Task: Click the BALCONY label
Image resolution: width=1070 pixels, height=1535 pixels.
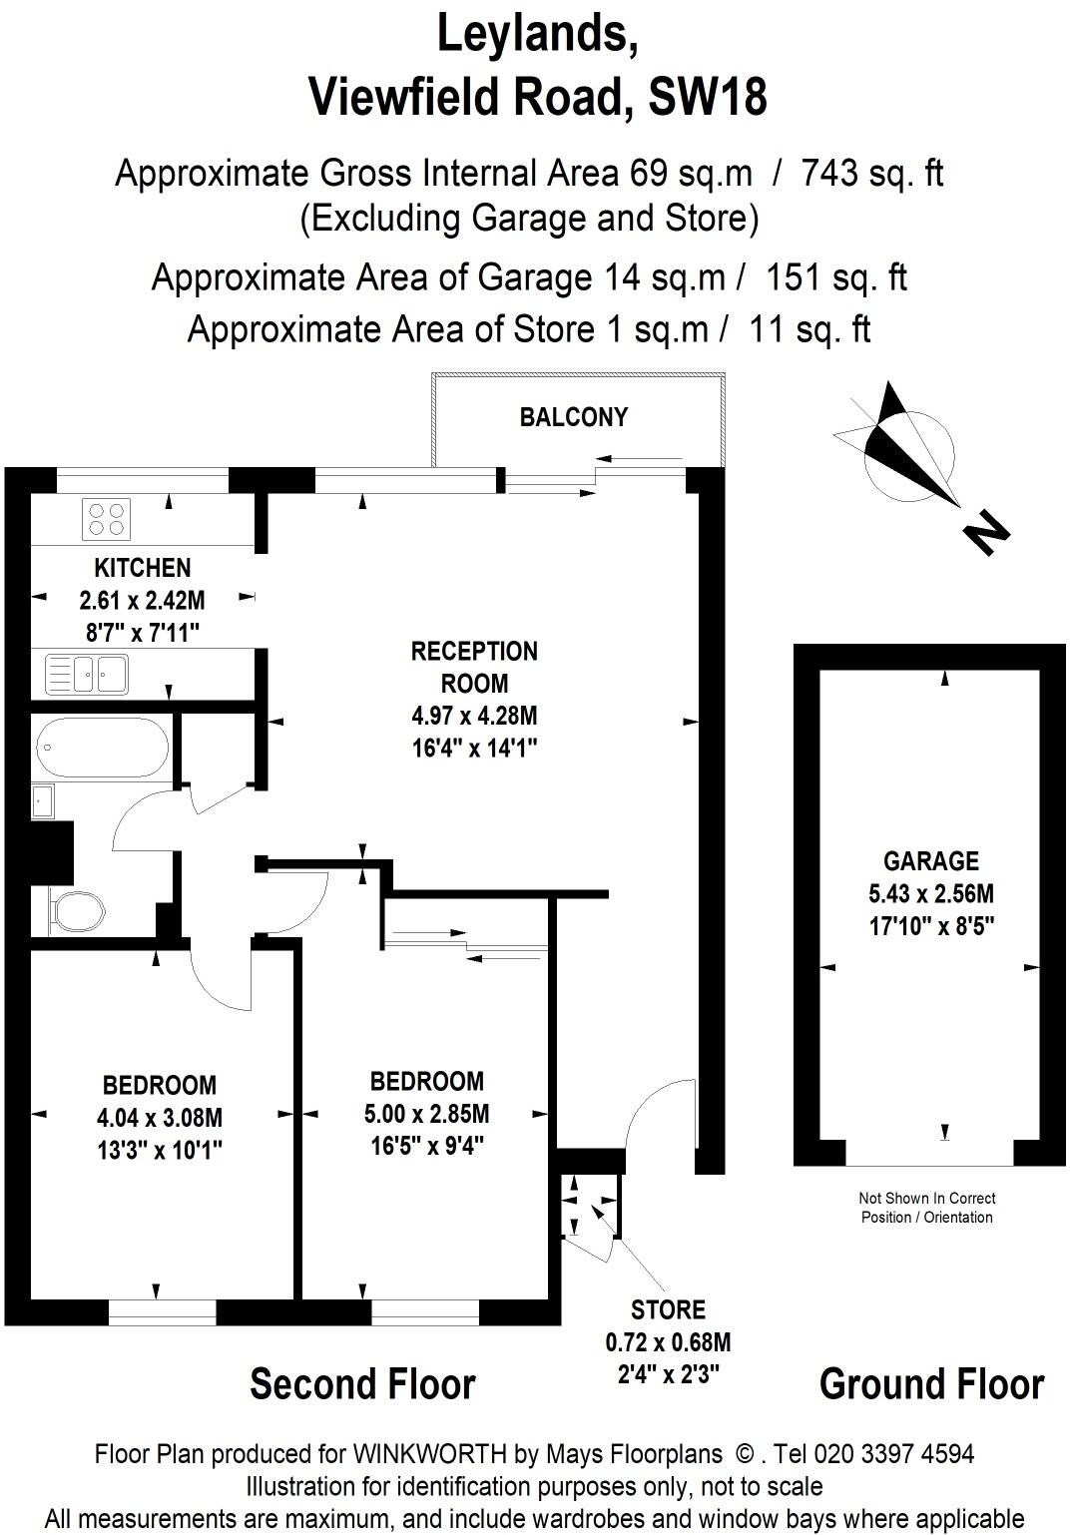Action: (x=573, y=417)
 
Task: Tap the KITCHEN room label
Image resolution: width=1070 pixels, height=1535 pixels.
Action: (x=142, y=568)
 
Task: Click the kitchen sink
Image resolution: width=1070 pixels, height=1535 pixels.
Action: (x=86, y=674)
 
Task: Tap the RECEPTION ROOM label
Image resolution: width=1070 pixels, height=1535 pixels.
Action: (x=474, y=668)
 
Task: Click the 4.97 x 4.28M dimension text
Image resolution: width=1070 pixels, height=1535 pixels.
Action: (x=474, y=716)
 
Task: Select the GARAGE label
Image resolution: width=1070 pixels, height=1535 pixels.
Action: (x=930, y=860)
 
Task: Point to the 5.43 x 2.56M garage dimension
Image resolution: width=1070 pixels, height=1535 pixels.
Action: (x=930, y=893)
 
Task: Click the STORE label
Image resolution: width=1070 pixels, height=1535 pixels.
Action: (x=668, y=1309)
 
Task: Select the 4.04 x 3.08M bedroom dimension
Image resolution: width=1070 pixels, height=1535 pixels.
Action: (x=160, y=1117)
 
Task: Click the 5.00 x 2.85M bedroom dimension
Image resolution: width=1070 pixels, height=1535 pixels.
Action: (x=426, y=1113)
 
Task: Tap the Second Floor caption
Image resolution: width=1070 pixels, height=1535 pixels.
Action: (x=362, y=1384)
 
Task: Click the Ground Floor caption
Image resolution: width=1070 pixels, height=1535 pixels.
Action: (x=930, y=1384)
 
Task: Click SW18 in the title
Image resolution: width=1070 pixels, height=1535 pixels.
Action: (x=709, y=97)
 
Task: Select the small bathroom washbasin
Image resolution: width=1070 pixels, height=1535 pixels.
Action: (x=42, y=801)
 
